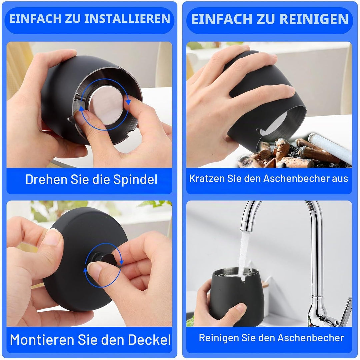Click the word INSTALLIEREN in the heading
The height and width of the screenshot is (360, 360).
tap(127, 19)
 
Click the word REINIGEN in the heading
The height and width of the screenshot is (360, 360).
tap(314, 19)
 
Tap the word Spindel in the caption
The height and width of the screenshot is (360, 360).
tap(135, 180)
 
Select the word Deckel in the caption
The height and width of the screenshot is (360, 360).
tap(149, 340)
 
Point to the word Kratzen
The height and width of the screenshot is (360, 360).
tap(207, 179)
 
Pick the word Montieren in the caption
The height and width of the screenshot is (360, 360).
tap(42, 340)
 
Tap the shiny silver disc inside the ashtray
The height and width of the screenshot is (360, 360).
tap(106, 105)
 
